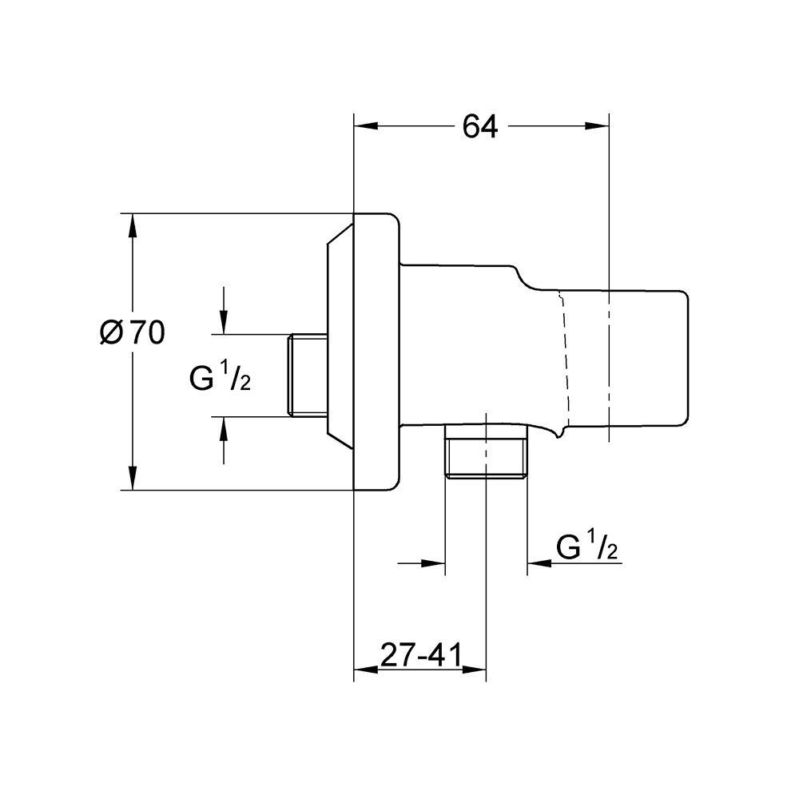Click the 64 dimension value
[x=479, y=126]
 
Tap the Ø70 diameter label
[x=133, y=333]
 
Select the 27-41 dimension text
[x=420, y=655]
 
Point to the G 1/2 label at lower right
[x=587, y=547]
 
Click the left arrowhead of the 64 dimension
[x=366, y=126]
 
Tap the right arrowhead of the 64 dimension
[x=597, y=126]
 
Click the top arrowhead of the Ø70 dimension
[x=133, y=226]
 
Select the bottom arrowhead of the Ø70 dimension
[x=133, y=478]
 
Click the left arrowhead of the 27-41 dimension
[x=366, y=669]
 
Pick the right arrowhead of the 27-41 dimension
[x=474, y=669]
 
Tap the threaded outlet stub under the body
[x=486, y=451]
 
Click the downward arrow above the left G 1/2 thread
[x=223, y=310]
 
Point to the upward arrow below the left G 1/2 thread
[x=223, y=440]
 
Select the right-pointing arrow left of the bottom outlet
[x=421, y=563]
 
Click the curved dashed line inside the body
[x=563, y=361]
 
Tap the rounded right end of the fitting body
[x=686, y=358]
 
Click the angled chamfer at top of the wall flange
[x=340, y=233]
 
